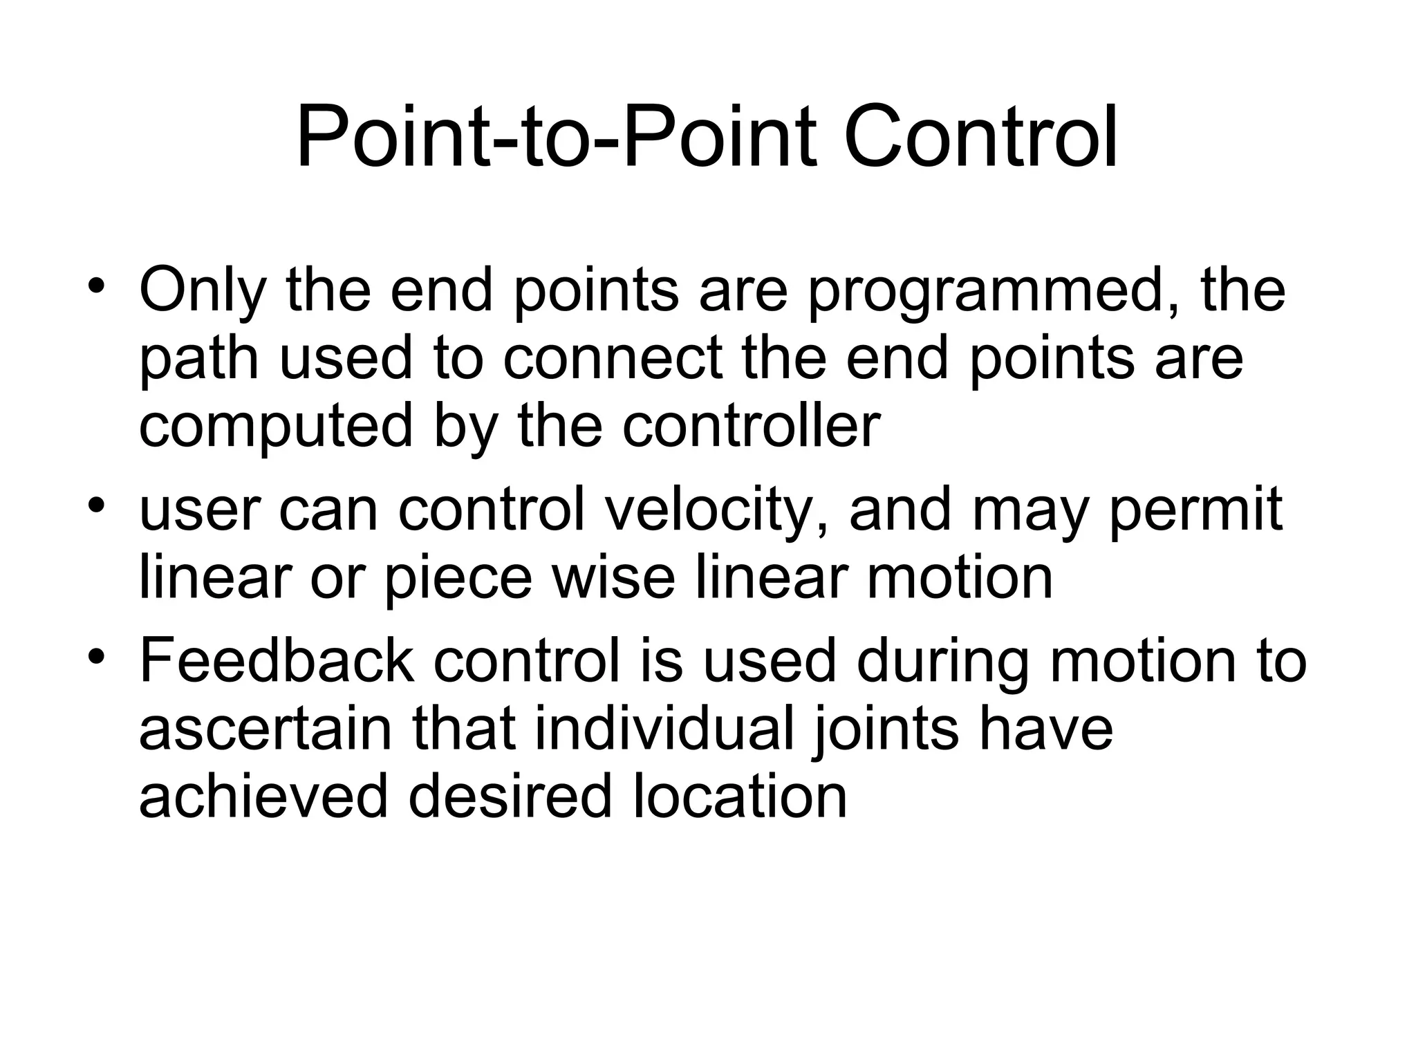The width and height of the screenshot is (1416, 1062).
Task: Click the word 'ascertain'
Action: pos(265,730)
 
